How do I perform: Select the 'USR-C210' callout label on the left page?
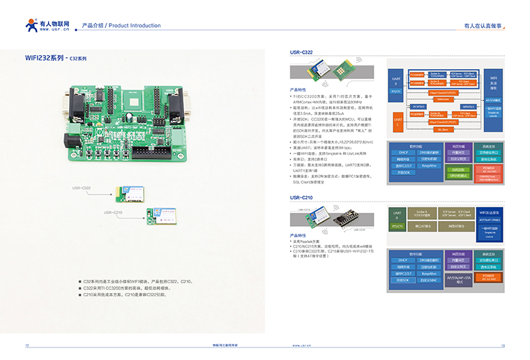coord(113,212)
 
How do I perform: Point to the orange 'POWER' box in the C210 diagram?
coord(488,276)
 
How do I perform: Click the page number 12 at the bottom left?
coord(27,345)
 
